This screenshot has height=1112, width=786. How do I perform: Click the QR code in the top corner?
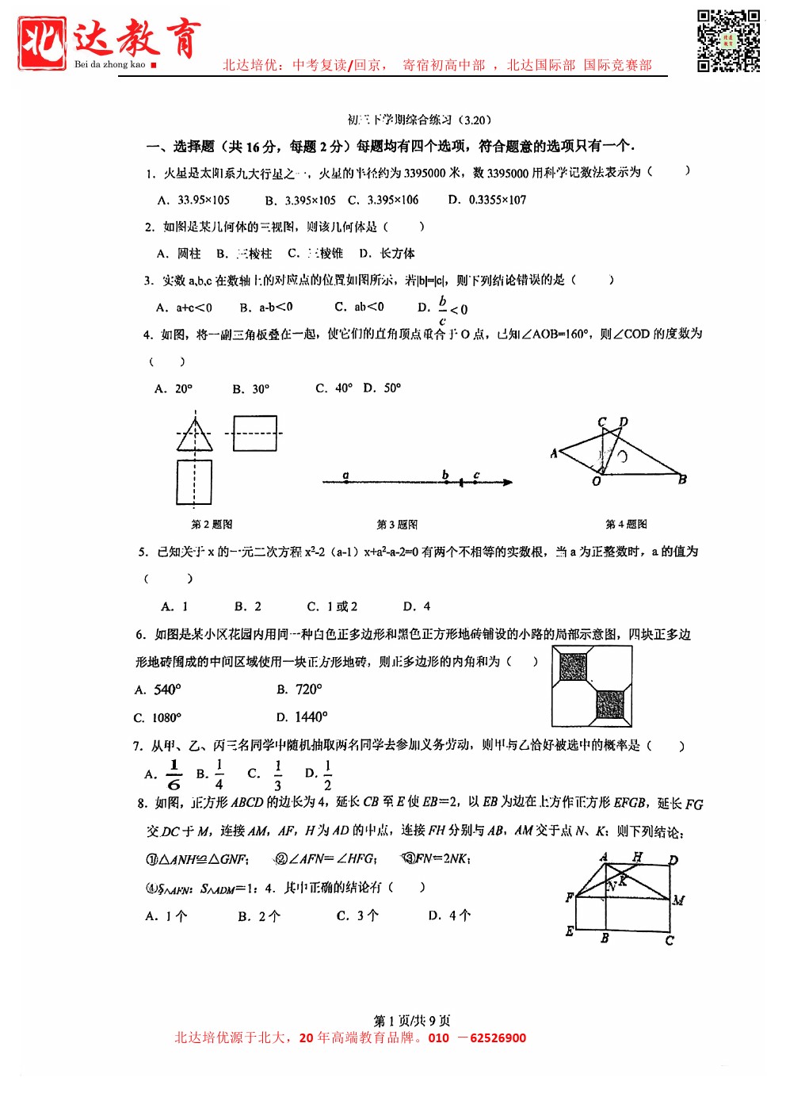click(728, 40)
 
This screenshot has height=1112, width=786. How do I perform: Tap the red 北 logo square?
click(42, 43)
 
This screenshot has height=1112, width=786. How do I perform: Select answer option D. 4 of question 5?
click(417, 606)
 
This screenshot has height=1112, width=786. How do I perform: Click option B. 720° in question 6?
click(300, 690)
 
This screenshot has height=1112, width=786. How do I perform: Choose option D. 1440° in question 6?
click(302, 717)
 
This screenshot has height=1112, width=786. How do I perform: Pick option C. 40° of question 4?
click(334, 388)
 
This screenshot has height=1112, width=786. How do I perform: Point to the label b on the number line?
click(445, 475)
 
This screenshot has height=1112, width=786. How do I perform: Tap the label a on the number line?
click(345, 475)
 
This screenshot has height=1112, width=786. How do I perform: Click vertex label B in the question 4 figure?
click(682, 480)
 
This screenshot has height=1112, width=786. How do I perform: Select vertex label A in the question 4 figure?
click(554, 453)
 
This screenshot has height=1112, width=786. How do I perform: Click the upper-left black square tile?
click(574, 667)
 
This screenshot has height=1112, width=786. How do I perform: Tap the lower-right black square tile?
click(610, 704)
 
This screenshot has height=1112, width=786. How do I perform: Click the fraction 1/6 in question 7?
click(174, 774)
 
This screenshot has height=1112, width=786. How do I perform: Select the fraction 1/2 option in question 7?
click(327, 774)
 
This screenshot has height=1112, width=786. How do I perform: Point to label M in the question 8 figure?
click(678, 900)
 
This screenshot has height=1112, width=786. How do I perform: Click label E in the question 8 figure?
click(570, 930)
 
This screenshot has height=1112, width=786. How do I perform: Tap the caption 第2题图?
click(212, 525)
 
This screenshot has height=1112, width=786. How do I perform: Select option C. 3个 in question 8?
click(357, 916)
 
